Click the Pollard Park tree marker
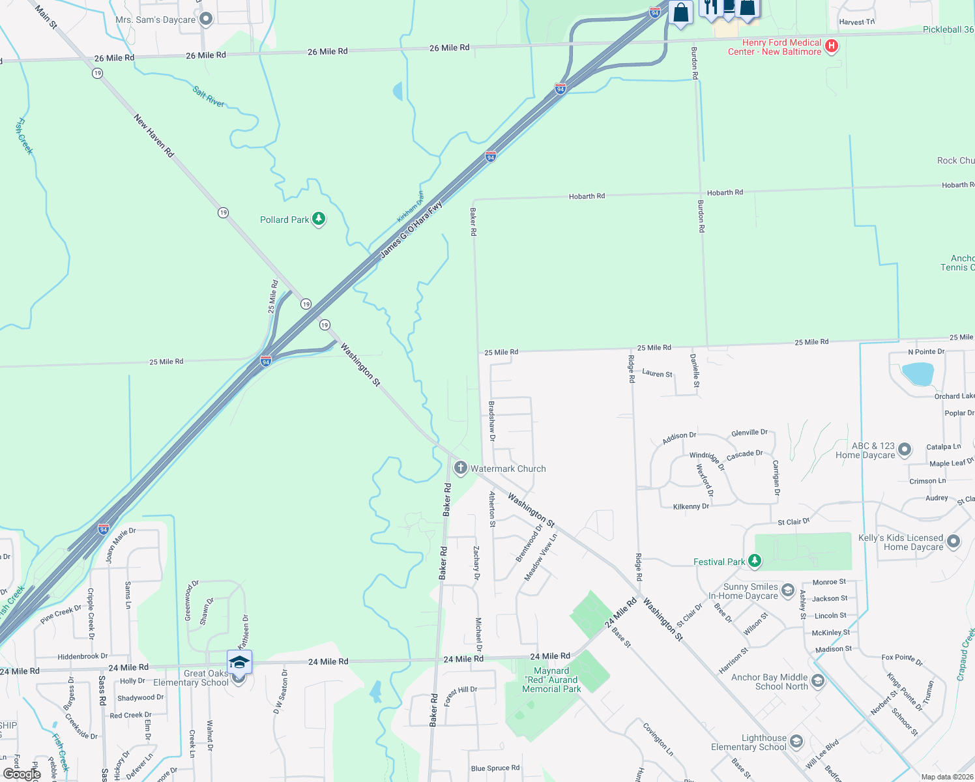tap(319, 219)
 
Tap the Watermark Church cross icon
tap(460, 468)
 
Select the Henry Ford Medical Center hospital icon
tap(831, 46)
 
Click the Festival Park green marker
tap(755, 560)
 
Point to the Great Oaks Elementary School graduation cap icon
tap(239, 662)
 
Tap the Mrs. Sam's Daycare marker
tap(206, 20)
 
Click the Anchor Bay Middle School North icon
tap(818, 681)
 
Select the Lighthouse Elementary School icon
tap(796, 742)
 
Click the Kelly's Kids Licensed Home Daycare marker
tap(953, 542)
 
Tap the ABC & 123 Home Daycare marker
tap(905, 450)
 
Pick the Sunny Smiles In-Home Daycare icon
tap(787, 591)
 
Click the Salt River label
tap(209, 96)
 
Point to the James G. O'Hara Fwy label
tap(411, 229)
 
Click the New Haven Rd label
tap(154, 136)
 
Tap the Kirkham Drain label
tap(411, 207)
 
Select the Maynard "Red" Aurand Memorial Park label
tap(551, 680)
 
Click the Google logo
tap(22, 774)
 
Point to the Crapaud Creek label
tap(965, 654)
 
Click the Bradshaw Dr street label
tap(492, 421)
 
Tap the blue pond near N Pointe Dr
tap(918, 375)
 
